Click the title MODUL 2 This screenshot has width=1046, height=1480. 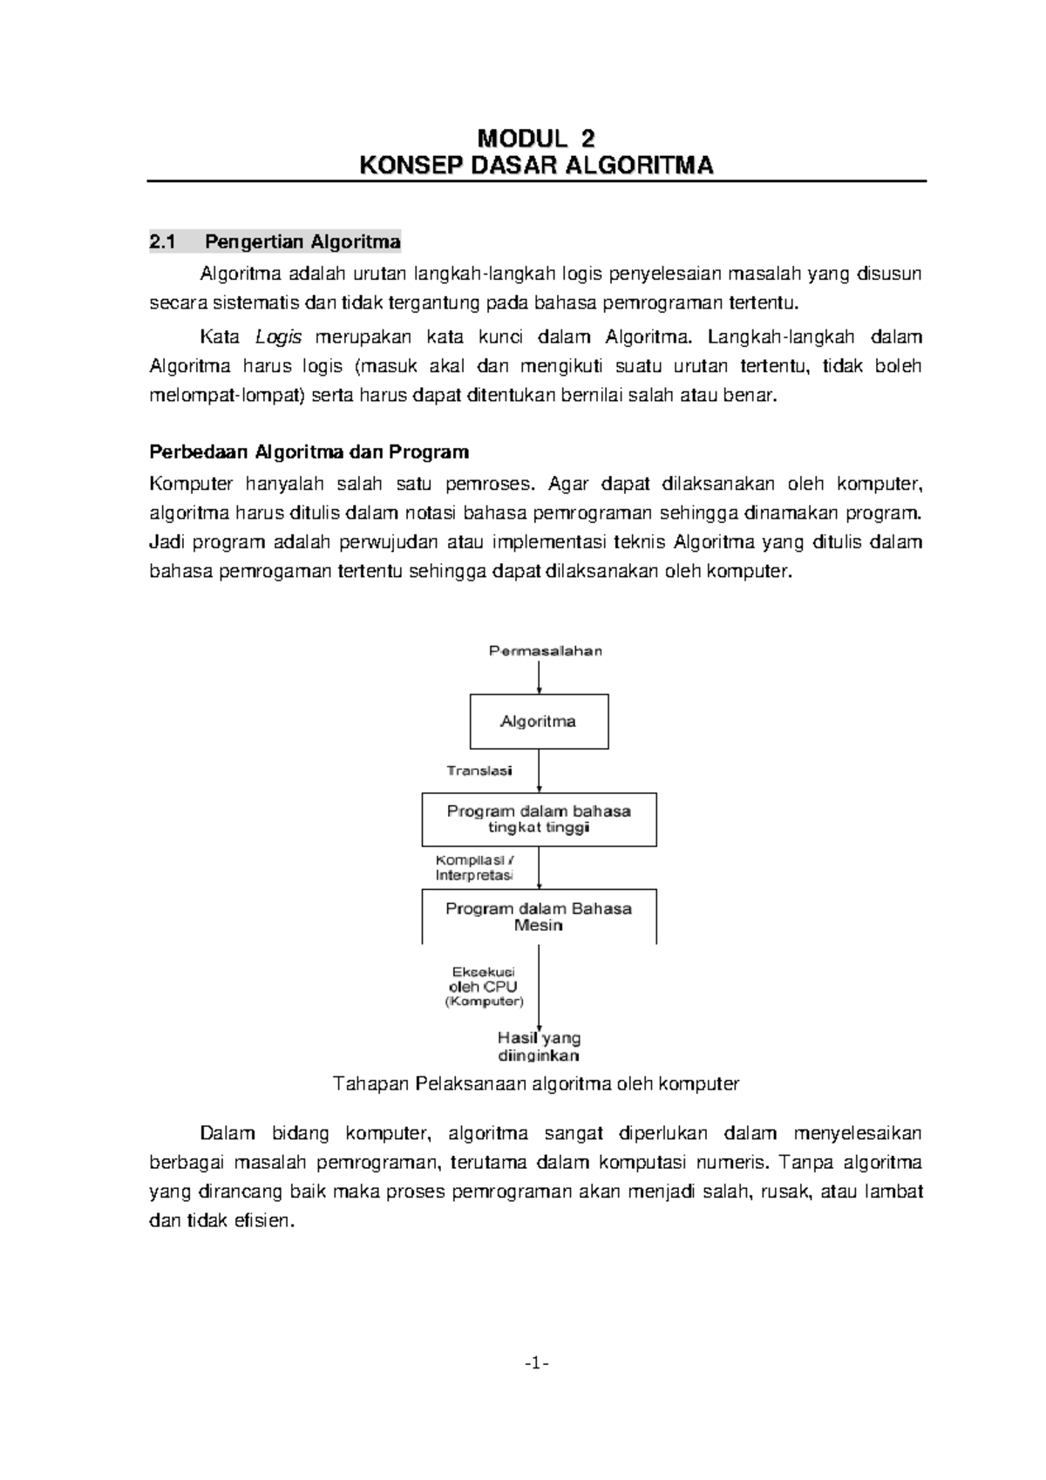point(536,139)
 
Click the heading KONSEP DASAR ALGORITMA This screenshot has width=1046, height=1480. point(536,166)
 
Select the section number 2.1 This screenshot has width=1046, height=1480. point(163,241)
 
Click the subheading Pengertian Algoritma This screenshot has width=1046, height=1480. point(309,241)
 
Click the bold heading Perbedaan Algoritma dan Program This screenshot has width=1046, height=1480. point(309,452)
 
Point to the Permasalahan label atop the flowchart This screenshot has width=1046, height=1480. point(545,651)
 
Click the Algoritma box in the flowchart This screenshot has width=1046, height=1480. point(539,722)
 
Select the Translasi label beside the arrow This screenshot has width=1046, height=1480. point(479,771)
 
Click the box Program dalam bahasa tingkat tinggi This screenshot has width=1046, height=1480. point(539,819)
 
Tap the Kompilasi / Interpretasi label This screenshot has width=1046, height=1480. point(474,866)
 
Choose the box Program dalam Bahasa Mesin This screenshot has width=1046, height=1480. point(539,916)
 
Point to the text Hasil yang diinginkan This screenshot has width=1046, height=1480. point(539,1047)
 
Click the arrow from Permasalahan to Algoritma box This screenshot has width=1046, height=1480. point(540,677)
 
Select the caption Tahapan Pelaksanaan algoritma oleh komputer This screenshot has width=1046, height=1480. point(536,1084)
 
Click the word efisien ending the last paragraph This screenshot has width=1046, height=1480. point(265,1221)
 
